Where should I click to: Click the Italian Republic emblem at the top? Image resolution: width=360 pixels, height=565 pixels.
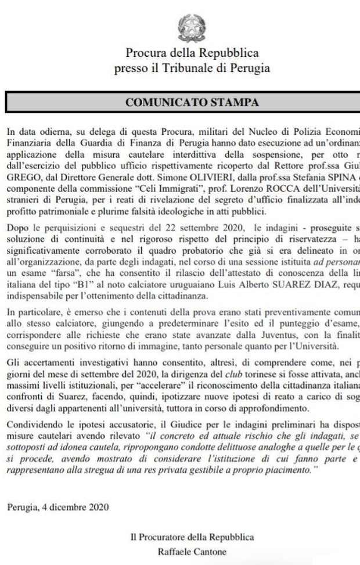[192, 27]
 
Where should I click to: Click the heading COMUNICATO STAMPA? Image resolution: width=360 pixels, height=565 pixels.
[192, 103]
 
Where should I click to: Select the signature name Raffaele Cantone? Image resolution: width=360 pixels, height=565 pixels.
[192, 552]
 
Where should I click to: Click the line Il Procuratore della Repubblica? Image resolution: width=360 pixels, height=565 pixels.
[192, 537]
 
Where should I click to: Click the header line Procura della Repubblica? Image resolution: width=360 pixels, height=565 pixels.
[192, 53]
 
